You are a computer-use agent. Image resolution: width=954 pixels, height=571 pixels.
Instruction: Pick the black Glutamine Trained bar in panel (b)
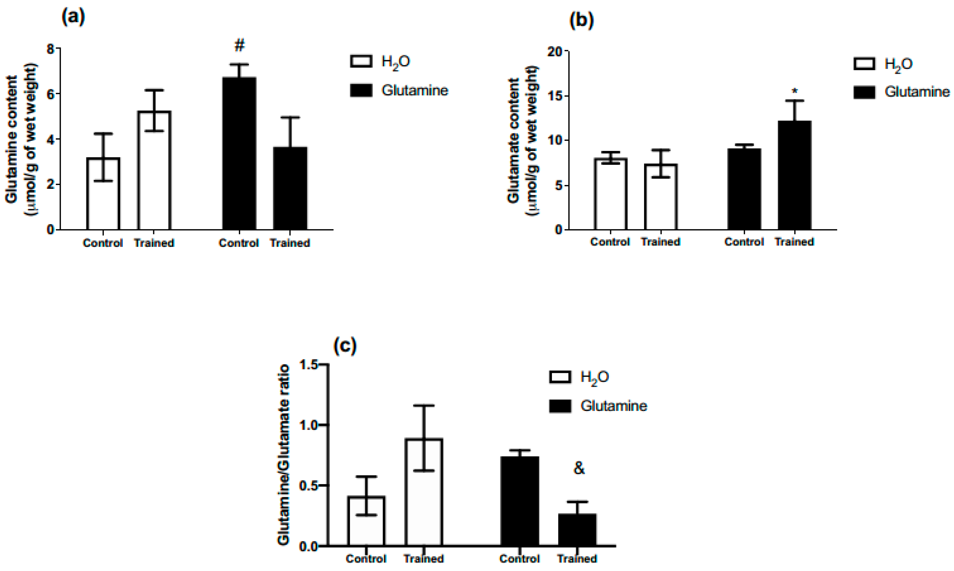click(795, 175)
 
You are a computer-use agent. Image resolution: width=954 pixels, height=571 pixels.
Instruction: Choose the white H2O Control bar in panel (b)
click(610, 194)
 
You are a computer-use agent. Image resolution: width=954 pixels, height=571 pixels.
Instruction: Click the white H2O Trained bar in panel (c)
click(424, 492)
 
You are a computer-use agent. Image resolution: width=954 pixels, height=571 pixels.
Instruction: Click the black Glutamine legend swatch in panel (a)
click(361, 90)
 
